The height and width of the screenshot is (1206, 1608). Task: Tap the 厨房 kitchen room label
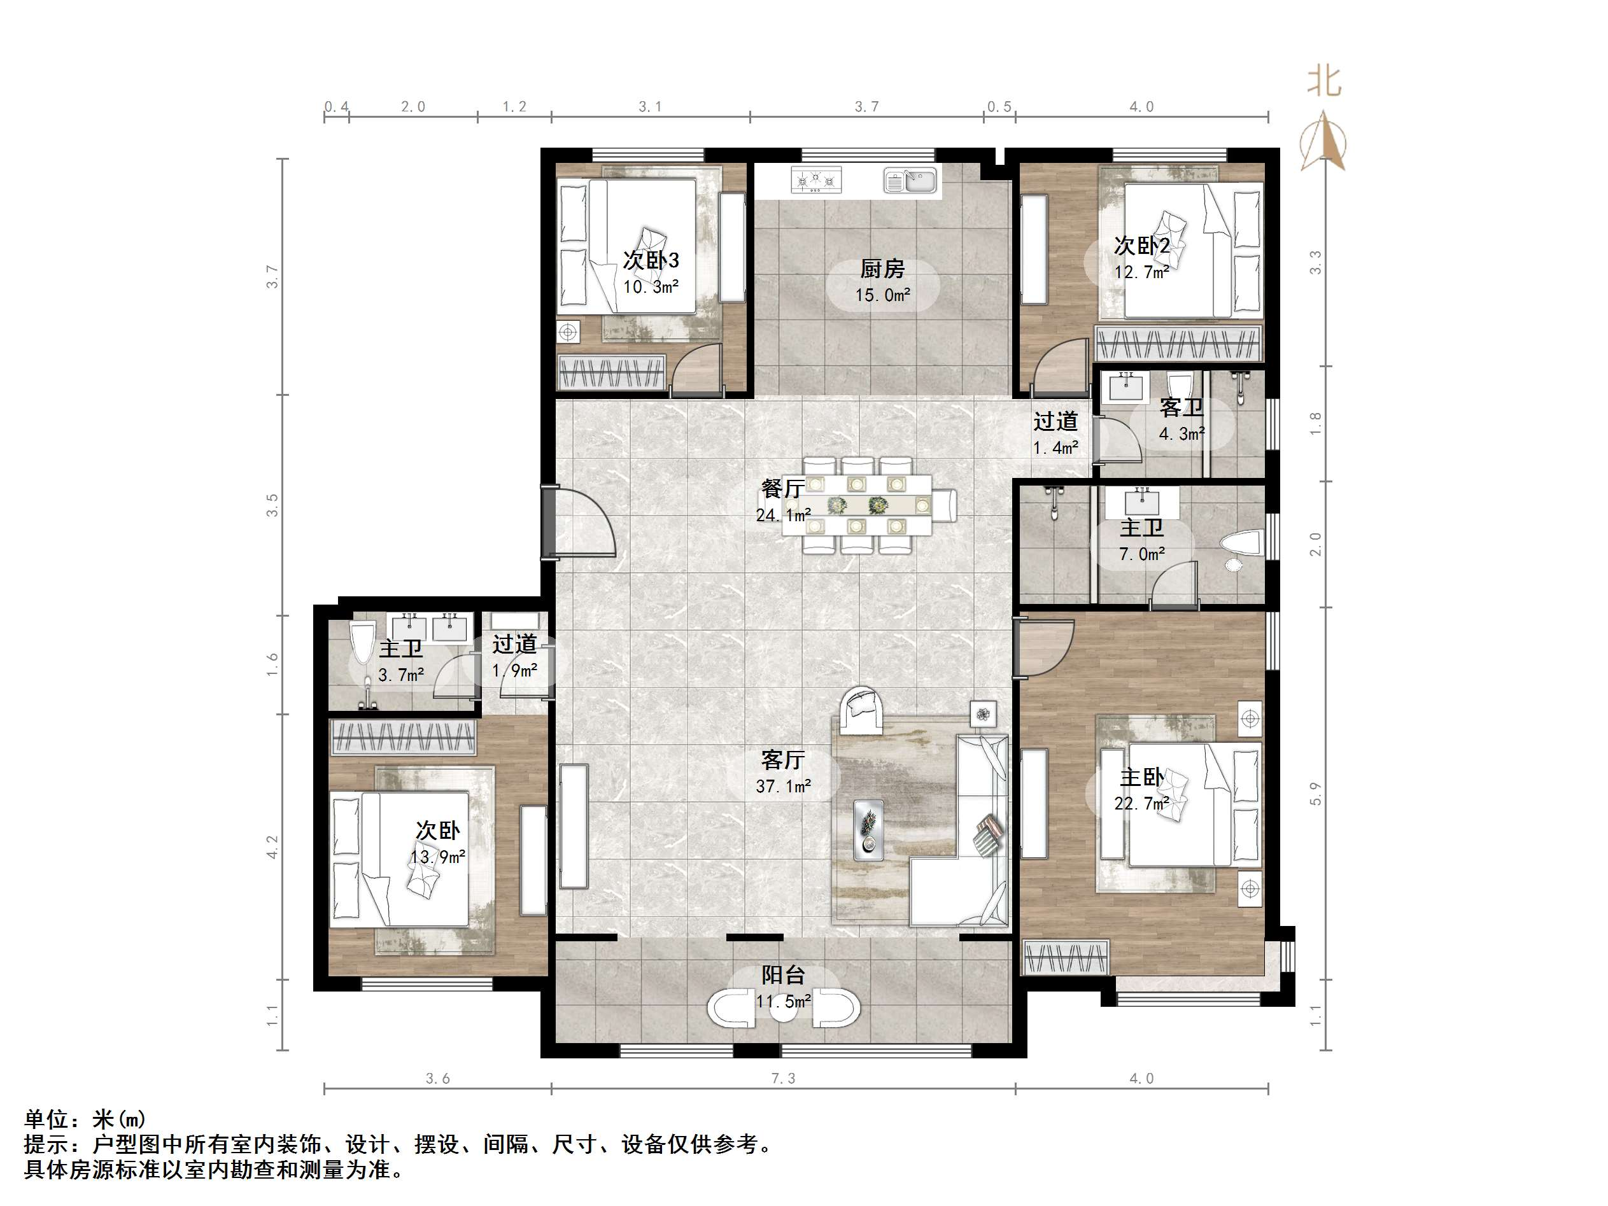pos(882,269)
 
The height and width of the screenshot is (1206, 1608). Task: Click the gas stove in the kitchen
pos(815,179)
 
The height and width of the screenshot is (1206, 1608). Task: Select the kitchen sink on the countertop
pos(911,179)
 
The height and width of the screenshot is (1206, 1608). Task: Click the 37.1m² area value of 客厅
pos(783,787)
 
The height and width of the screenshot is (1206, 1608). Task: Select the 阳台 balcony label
pos(783,975)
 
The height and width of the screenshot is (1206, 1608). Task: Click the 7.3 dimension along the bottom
pos(783,1079)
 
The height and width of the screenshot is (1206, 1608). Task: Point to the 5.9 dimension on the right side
pos(1315,793)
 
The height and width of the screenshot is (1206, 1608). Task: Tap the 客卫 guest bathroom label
pos(1181,408)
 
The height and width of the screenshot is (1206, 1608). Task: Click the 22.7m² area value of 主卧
pos(1141,803)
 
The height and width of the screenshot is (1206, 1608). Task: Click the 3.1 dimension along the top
pos(650,107)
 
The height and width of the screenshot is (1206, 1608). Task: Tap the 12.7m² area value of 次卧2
pos(1141,272)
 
